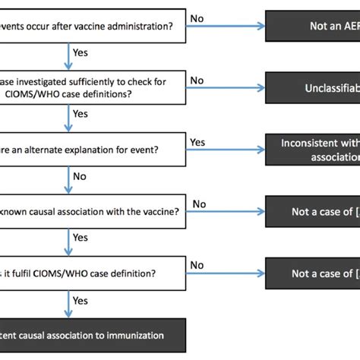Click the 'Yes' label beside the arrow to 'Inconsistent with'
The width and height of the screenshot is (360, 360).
click(x=197, y=141)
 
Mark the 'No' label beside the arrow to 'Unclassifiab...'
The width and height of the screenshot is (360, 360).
click(x=197, y=80)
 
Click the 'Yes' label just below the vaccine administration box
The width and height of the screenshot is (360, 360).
click(x=80, y=52)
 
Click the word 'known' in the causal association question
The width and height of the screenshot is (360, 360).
click(x=19, y=211)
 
